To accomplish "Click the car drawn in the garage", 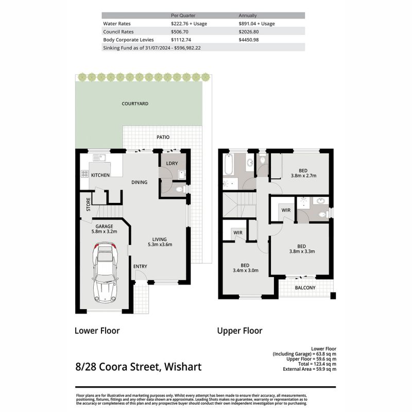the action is [105, 272].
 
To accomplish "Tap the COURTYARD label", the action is [135, 104].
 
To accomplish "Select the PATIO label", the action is [163, 137].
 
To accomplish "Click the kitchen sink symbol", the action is [99, 158].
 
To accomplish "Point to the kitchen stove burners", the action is [84, 174].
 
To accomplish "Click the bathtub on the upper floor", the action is [229, 164].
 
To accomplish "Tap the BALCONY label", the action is [305, 288].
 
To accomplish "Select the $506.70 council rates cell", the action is [179, 32].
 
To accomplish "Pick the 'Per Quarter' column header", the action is [183, 15].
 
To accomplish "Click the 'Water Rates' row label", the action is [117, 24].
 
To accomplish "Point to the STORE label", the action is [89, 204].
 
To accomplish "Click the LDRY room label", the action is [172, 163].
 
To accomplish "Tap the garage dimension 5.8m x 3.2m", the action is [105, 231].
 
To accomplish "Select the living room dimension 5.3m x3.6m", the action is [160, 244].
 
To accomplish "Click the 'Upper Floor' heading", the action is [239, 331].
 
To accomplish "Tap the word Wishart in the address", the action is [183, 367].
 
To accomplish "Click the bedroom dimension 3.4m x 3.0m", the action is [246, 270].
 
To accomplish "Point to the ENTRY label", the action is [140, 266].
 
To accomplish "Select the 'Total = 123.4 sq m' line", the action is [317, 364].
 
